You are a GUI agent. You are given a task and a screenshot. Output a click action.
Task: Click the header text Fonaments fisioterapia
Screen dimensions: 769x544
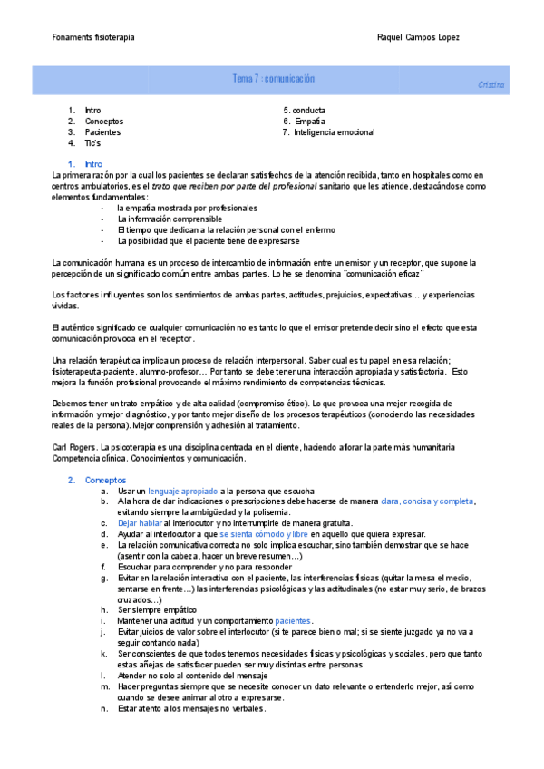(x=93, y=37)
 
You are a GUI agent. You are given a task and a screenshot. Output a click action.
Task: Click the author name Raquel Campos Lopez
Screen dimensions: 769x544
(x=418, y=37)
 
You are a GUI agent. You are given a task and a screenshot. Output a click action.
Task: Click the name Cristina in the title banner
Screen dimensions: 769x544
(x=491, y=84)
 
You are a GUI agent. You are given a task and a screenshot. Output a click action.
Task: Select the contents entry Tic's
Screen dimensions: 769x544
(x=92, y=143)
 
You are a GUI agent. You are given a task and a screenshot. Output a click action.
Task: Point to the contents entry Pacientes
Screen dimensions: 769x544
(x=102, y=132)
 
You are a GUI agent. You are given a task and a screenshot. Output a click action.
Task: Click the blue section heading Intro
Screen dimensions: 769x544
(x=93, y=163)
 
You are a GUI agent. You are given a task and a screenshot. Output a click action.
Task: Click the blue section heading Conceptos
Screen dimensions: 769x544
(x=106, y=480)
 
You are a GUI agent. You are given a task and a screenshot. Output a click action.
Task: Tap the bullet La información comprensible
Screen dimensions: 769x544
(x=170, y=219)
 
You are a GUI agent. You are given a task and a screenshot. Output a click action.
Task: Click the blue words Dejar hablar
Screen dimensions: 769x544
(x=139, y=523)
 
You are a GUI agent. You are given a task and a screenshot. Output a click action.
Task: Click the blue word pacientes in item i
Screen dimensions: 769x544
(x=293, y=621)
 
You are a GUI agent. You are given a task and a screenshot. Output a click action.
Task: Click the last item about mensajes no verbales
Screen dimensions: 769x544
(x=190, y=708)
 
